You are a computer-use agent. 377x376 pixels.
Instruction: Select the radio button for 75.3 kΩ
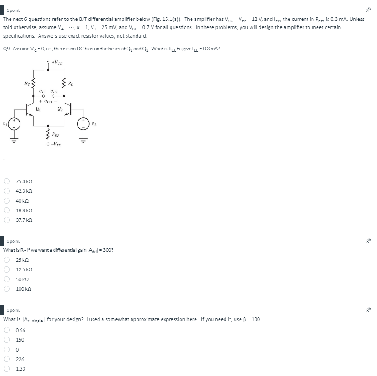[x=7, y=181]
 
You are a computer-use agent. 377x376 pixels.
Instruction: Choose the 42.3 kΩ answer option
[x=7, y=191]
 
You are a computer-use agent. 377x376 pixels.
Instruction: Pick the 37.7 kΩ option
[x=7, y=220]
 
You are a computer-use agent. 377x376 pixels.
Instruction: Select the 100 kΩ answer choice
[x=7, y=288]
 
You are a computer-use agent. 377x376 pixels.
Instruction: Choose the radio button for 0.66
[x=7, y=330]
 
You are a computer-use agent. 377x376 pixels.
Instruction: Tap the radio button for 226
[x=7, y=359]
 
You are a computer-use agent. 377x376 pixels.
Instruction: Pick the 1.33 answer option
[x=7, y=369]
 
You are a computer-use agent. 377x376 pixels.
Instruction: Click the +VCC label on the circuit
[x=57, y=63]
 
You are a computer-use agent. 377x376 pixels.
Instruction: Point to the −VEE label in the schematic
[x=57, y=145]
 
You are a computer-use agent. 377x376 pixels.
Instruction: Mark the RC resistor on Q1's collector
[x=33, y=83]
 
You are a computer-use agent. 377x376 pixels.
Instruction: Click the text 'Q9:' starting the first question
[x=7, y=49]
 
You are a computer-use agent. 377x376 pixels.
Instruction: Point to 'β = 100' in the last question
[x=251, y=319]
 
